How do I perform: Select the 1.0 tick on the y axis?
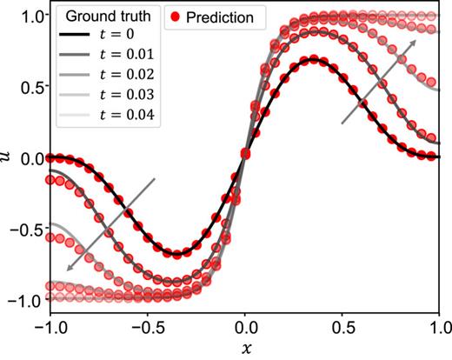[x=34, y=17]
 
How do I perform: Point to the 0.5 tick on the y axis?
[x=34, y=87]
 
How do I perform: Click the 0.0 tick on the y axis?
[x=34, y=158]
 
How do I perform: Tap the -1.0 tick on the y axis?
[x=30, y=300]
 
